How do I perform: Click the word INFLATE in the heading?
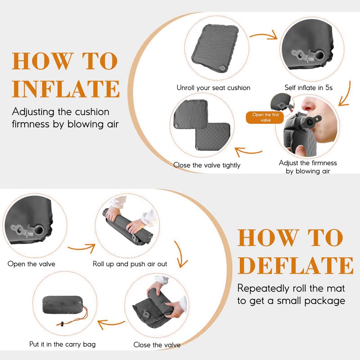66,89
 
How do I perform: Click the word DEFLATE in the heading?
295,265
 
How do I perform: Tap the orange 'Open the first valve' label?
266,117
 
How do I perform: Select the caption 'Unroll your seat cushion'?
213,88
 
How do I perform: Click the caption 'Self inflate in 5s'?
308,88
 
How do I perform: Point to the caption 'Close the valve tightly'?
207,165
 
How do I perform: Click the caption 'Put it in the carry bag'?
62,344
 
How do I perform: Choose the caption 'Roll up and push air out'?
130,264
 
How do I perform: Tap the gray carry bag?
63,305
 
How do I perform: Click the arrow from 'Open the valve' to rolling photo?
81,248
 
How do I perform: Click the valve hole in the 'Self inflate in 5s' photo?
320,55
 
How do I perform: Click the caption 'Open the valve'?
31,264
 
